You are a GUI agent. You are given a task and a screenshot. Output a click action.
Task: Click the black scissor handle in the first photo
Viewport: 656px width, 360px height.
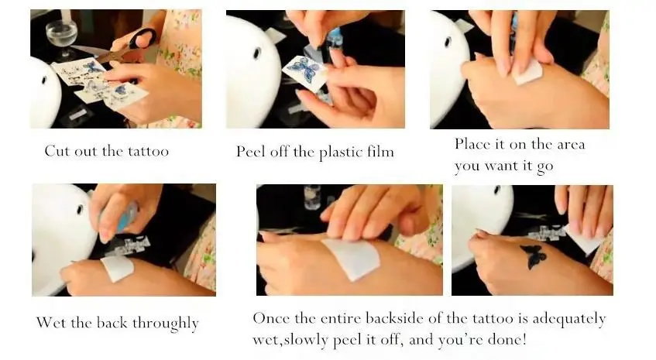143,38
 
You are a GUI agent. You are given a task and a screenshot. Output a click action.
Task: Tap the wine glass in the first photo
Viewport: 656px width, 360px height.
61,35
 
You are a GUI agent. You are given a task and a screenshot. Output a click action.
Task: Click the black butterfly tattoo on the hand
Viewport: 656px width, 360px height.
533,255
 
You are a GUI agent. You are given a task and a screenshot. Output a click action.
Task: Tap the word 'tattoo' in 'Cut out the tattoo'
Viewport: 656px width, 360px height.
148,150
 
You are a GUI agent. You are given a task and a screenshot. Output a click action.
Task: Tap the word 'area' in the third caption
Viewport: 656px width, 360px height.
571,145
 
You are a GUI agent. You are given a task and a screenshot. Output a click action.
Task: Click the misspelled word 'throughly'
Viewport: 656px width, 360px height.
165,324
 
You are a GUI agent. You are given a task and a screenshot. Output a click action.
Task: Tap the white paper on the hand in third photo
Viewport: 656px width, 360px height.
528,72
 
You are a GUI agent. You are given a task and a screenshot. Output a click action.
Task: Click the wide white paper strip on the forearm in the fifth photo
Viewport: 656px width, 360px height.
351,259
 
